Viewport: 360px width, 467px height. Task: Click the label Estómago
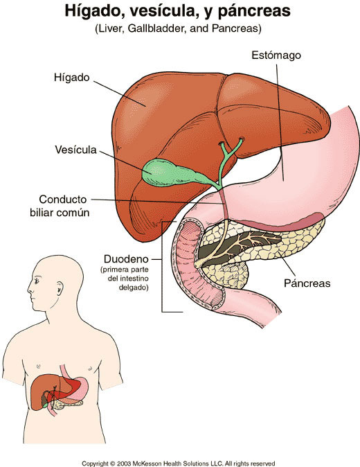click(276, 55)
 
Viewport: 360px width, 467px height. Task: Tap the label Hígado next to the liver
click(72, 78)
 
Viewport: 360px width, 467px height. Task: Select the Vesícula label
click(76, 150)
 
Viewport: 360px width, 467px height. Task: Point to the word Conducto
click(63, 200)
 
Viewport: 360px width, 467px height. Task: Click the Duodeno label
click(126, 259)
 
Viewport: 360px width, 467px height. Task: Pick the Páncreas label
click(307, 283)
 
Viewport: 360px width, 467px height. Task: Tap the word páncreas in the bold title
click(254, 12)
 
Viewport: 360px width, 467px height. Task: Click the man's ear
click(60, 288)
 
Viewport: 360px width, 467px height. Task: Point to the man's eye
click(37, 281)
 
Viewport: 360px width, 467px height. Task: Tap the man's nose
click(30, 288)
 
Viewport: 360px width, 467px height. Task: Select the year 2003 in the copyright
click(124, 464)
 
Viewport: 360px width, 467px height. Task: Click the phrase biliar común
click(60, 213)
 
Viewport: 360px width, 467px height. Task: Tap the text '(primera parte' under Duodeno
click(125, 270)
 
